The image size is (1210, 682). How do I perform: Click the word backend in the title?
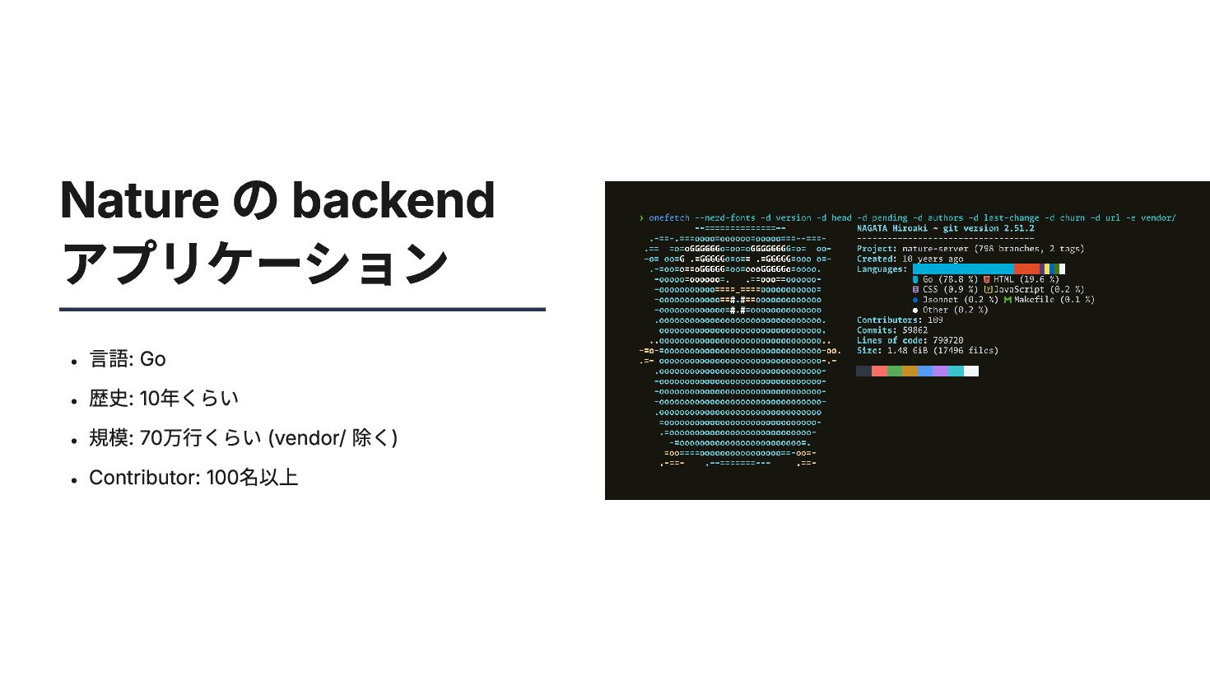tap(393, 200)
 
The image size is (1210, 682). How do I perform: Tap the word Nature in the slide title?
tap(139, 200)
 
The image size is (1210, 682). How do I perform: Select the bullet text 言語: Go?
tap(128, 359)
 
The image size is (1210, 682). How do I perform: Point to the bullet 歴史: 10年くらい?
tap(164, 399)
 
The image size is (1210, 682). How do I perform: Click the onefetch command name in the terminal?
tap(668, 218)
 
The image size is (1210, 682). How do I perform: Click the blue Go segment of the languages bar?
tap(963, 269)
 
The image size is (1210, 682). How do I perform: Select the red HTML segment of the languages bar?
tap(1026, 269)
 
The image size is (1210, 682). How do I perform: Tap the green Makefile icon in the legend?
tap(1008, 300)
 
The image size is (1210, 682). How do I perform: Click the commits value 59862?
tap(915, 330)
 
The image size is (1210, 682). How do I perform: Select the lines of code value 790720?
tap(948, 340)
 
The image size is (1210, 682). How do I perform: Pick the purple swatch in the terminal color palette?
tap(940, 371)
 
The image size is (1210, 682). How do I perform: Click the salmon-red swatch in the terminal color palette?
tap(879, 371)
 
